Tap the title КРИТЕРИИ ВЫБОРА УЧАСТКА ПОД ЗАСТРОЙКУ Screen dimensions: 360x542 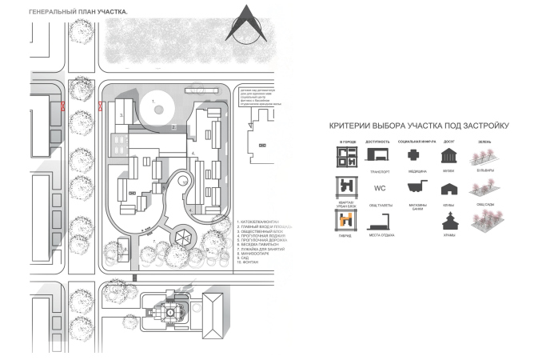(419, 126)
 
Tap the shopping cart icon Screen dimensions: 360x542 (413, 188)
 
